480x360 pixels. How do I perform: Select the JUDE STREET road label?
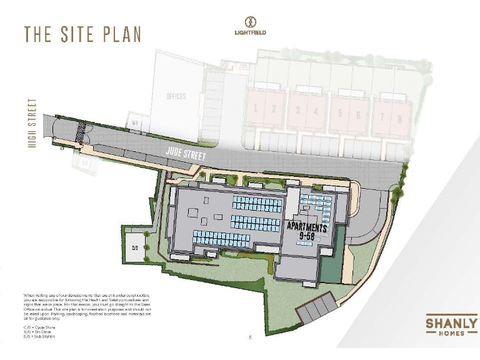coord(186,153)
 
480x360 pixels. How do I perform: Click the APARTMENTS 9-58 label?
coord(307,231)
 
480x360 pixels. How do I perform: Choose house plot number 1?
coord(255,108)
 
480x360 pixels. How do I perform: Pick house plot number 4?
coord(316,111)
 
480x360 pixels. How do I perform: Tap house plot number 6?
coord(358,114)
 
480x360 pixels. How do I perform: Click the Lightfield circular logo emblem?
coord(250,21)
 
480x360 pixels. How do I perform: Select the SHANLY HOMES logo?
coord(451,326)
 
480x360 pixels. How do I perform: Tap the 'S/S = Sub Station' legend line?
coord(39,336)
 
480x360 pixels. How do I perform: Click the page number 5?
coord(250,337)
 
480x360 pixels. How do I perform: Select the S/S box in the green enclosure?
coord(134,247)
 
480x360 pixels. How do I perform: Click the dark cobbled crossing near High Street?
coord(79,132)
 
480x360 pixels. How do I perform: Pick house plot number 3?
coord(298,110)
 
